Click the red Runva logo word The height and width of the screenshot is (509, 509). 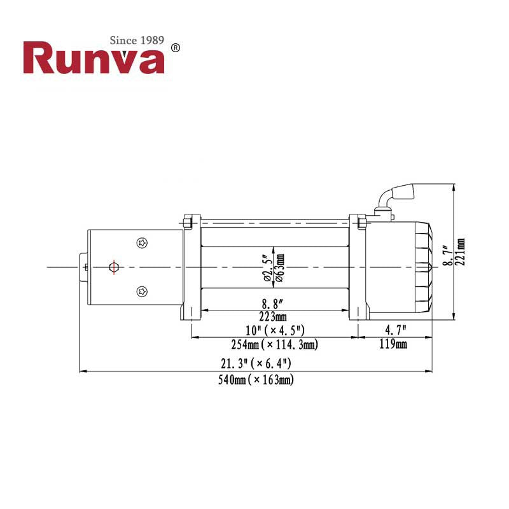coord(94,59)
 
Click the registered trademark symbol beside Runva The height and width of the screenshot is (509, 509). coord(176,48)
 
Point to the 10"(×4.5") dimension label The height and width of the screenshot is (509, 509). coord(275,331)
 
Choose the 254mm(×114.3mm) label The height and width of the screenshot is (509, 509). coord(275,345)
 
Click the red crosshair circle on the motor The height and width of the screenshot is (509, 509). coord(113,267)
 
